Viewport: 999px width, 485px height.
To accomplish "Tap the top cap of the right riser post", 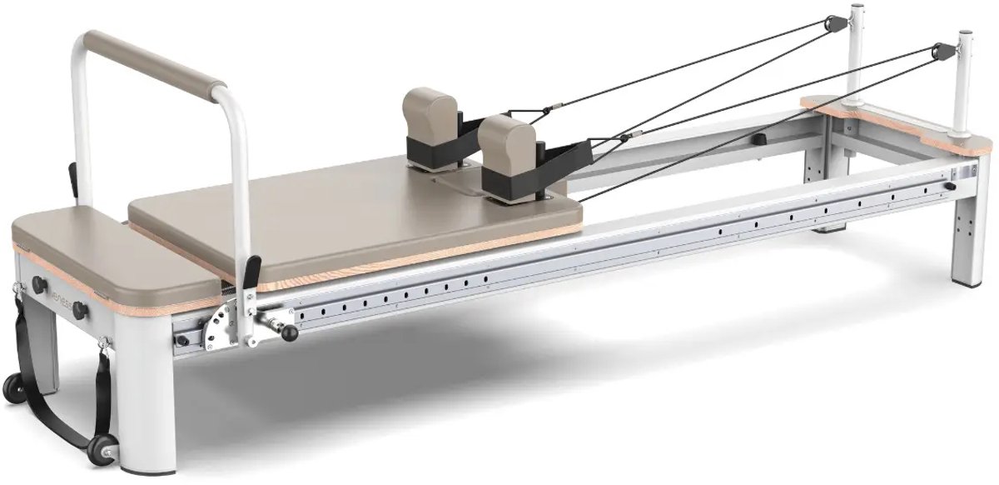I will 965,35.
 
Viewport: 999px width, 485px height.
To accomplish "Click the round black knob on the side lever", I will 289,333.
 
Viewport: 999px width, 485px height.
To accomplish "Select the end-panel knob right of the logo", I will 80,310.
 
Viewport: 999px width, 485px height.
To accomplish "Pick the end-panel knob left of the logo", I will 38,283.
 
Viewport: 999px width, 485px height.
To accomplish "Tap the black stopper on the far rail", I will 759,138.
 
